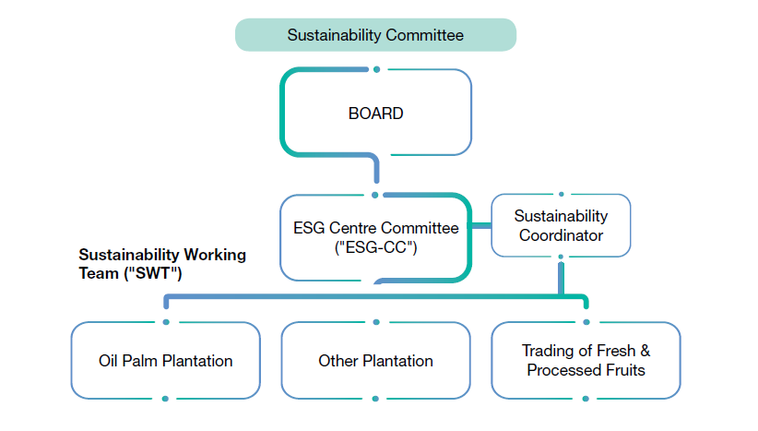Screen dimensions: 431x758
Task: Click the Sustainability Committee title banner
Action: click(375, 35)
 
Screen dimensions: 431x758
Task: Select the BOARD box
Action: click(375, 114)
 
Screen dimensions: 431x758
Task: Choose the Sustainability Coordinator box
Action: click(561, 225)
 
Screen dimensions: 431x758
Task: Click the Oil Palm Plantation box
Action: click(165, 360)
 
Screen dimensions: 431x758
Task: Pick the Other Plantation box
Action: click(375, 360)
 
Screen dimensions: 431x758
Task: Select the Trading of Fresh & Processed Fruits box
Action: click(586, 360)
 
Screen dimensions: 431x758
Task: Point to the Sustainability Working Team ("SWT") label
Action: click(162, 262)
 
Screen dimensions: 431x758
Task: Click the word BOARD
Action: click(375, 114)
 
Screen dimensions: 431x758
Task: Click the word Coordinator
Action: click(561, 235)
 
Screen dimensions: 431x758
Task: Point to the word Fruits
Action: click(623, 370)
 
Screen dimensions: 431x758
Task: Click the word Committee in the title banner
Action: click(424, 35)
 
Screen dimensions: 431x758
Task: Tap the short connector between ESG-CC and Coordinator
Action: click(481, 225)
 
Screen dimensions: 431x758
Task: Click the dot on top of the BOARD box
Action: click(375, 69)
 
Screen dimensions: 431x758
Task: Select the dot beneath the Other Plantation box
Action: click(375, 399)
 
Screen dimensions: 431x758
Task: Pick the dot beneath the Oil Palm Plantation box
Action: click(165, 399)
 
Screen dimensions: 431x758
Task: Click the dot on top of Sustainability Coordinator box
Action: click(561, 194)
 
